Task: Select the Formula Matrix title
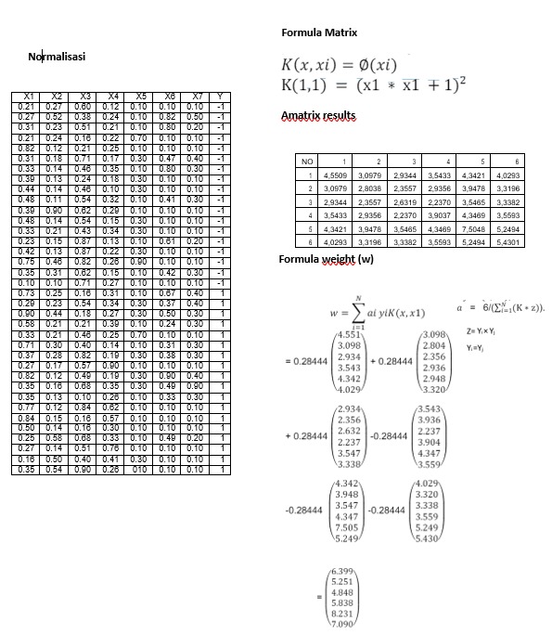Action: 319,32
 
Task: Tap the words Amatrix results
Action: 318,115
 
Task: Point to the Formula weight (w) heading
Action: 327,259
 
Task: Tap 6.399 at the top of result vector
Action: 341,567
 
